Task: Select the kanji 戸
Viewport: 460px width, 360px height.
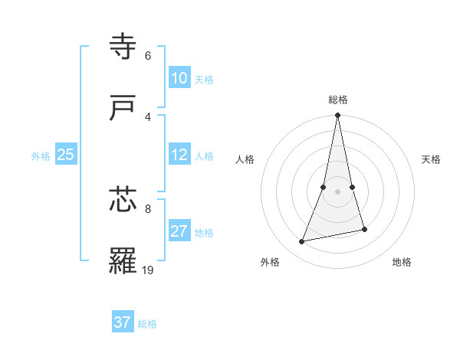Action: (x=123, y=108)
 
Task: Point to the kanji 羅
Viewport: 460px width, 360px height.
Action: (x=123, y=261)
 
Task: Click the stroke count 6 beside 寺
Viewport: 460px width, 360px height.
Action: (x=148, y=55)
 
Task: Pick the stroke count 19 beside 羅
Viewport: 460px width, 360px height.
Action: (x=148, y=270)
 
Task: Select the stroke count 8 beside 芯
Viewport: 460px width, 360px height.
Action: (x=148, y=208)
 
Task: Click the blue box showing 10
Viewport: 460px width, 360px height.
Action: (x=179, y=78)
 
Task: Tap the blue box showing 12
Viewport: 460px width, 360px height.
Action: (x=179, y=155)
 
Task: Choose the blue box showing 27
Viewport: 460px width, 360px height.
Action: (x=179, y=231)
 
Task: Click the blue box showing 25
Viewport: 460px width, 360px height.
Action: (x=65, y=155)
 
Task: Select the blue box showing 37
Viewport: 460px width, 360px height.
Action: (x=123, y=322)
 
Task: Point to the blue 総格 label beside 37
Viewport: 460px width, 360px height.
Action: (x=147, y=324)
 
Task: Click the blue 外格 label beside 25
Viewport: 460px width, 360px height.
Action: (x=41, y=156)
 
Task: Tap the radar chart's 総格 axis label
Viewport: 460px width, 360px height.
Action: (x=338, y=100)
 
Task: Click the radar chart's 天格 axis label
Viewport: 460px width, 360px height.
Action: (x=432, y=159)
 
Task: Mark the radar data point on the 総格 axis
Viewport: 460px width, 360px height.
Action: (x=337, y=116)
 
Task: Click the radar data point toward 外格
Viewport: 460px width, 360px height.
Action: (x=302, y=242)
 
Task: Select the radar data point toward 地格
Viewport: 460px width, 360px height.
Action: (x=364, y=230)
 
